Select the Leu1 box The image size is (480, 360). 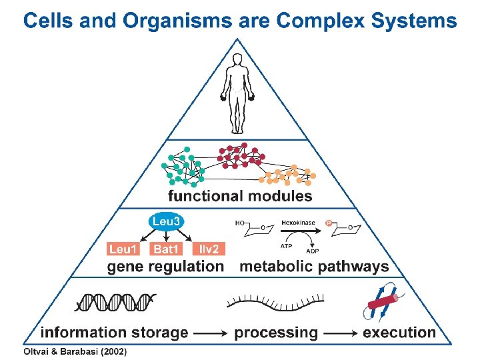[123, 249]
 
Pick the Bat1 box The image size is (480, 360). [166, 249]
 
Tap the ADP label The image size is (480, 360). [312, 251]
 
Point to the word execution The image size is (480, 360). [399, 332]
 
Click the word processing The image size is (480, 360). [276, 332]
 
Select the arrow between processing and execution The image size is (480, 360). [341, 333]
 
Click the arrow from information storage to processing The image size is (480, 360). [211, 333]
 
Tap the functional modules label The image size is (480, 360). [240, 196]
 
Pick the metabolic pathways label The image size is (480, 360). [314, 267]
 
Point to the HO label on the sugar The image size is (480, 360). [239, 223]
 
